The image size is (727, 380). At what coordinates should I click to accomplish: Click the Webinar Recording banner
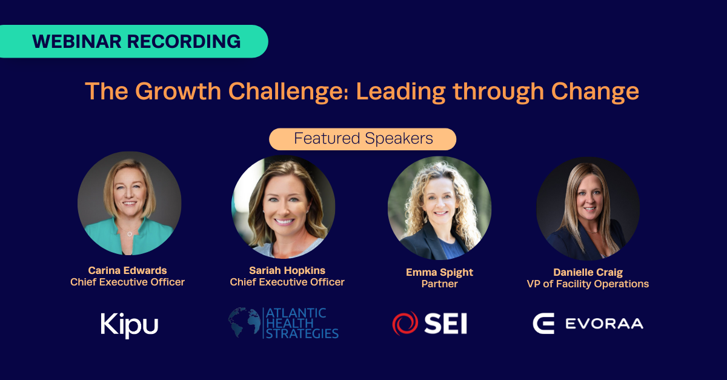[134, 41]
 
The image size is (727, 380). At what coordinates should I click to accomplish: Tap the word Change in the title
[595, 92]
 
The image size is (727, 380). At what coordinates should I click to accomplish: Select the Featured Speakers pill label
[362, 139]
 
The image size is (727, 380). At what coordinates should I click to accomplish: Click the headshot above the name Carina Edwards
[129, 203]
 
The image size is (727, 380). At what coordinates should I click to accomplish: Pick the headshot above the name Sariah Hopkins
[283, 207]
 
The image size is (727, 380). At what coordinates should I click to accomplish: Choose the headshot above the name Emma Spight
[439, 208]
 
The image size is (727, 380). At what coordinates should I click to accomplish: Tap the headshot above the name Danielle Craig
[588, 209]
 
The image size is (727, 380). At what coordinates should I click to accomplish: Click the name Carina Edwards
[128, 270]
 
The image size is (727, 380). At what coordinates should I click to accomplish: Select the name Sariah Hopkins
[287, 270]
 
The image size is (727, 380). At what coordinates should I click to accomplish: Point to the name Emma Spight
[439, 272]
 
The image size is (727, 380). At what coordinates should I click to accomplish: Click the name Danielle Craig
[588, 272]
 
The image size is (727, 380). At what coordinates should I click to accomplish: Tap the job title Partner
[439, 284]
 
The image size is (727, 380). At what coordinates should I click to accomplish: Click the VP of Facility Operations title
[588, 284]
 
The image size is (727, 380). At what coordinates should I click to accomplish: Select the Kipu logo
[129, 325]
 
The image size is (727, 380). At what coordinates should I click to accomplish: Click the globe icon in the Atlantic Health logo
[244, 322]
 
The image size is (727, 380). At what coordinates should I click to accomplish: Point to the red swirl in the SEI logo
[405, 323]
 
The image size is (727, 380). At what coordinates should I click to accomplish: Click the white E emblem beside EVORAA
[543, 324]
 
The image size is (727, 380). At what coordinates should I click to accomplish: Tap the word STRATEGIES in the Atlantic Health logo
[302, 334]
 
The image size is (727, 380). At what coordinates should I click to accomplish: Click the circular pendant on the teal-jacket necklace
[130, 233]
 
